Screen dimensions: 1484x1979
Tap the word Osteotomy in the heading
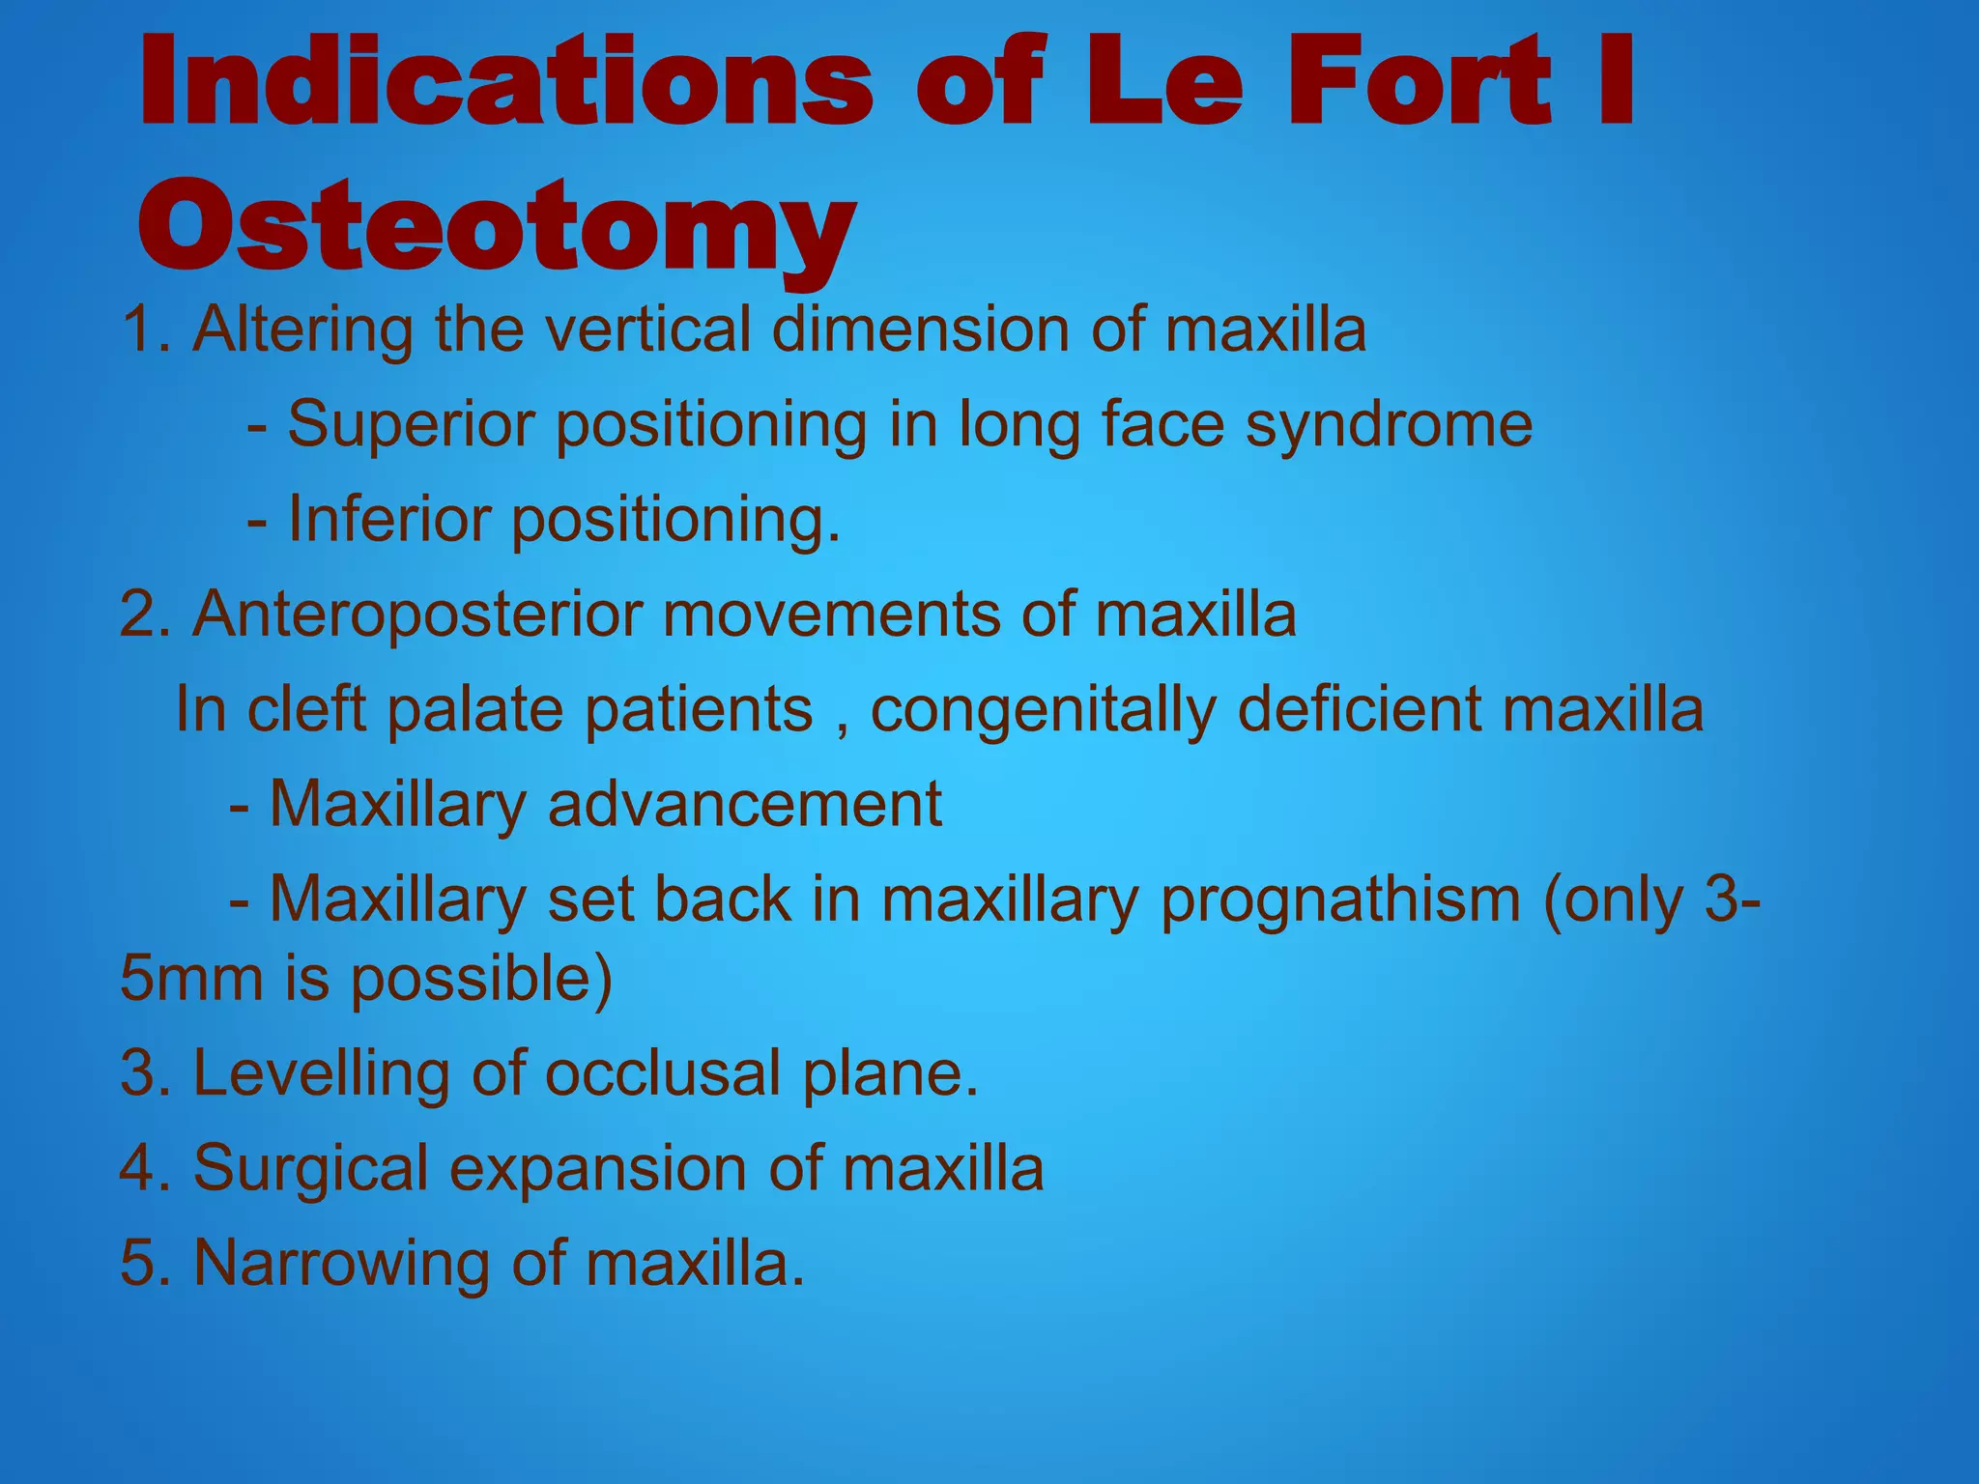click(x=497, y=226)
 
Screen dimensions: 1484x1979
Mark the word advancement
click(x=744, y=804)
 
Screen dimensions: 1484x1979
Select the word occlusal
click(x=663, y=1073)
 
